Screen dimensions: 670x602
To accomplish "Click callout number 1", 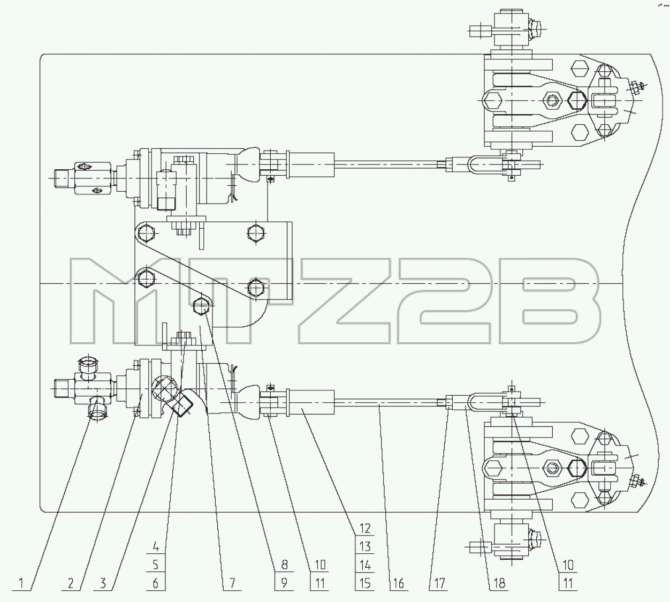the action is point(21,583).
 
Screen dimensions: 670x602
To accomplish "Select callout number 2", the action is point(71,583).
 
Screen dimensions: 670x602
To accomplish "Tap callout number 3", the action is point(103,583).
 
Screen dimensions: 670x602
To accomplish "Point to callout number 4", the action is point(156,546).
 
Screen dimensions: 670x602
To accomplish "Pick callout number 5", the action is point(156,565).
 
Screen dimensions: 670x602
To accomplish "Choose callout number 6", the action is point(156,583).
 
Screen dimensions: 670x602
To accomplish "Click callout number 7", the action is point(232,583).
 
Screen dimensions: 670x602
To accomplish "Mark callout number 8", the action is point(284,565).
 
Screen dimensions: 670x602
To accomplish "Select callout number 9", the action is point(284,583).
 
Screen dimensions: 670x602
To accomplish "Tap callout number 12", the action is point(365,529).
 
